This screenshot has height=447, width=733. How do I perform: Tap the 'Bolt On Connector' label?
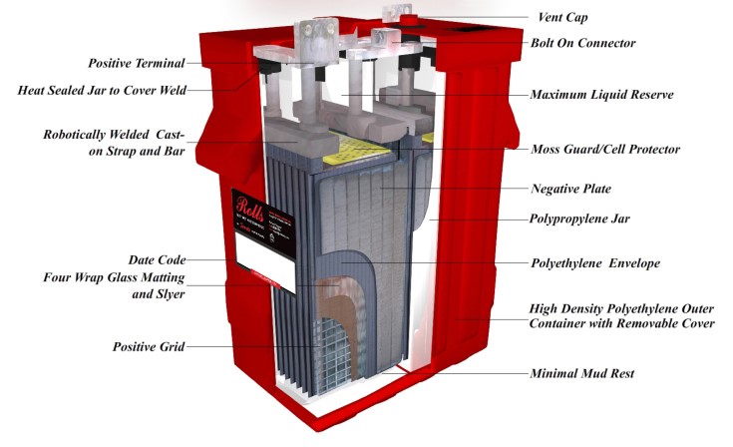[582, 43]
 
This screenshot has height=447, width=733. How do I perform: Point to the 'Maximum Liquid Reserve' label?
[602, 95]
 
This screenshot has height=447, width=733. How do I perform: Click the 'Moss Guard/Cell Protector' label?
[605, 149]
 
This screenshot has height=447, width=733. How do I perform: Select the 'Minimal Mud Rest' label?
[582, 373]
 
